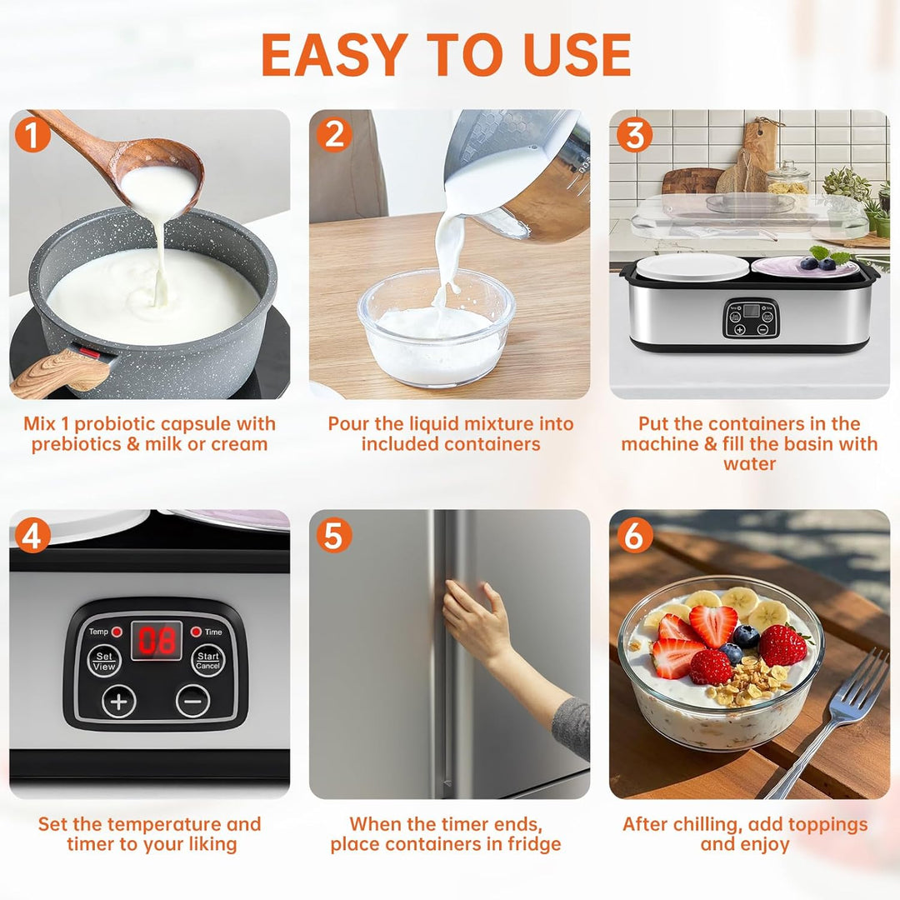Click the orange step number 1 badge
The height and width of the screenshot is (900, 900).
click(32, 135)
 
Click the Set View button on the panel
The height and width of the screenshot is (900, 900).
click(104, 662)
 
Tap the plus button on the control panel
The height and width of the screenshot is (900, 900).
click(119, 701)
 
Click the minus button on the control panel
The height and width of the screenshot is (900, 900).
click(192, 701)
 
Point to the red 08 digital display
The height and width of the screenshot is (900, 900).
click(156, 641)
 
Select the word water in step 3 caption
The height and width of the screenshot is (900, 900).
click(749, 464)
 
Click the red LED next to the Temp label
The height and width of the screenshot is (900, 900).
click(117, 632)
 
